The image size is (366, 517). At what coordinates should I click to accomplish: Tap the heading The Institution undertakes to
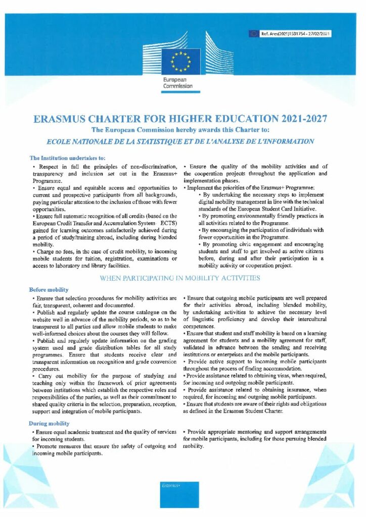click(x=67, y=158)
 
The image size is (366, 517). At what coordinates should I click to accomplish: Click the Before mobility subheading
click(x=49, y=290)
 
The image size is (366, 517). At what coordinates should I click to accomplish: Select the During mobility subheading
click(x=50, y=423)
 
